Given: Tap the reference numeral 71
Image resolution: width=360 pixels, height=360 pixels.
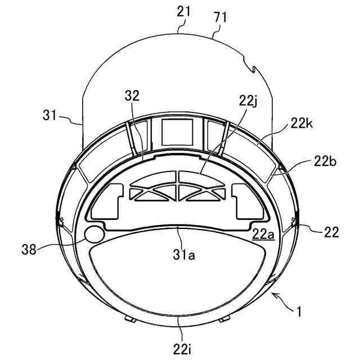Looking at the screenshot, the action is coord(220,17).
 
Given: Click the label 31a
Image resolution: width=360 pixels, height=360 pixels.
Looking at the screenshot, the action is coord(184,255).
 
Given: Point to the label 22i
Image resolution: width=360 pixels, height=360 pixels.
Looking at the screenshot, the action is coord(181,348).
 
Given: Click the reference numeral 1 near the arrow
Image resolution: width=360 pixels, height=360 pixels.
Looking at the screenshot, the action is coord(304,310).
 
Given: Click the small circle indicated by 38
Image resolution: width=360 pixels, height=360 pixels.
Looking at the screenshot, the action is coord(94,234).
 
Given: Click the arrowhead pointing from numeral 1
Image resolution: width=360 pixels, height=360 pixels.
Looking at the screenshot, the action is coord(274,294).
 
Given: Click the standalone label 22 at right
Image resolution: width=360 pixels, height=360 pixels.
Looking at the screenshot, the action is coord(331,231).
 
